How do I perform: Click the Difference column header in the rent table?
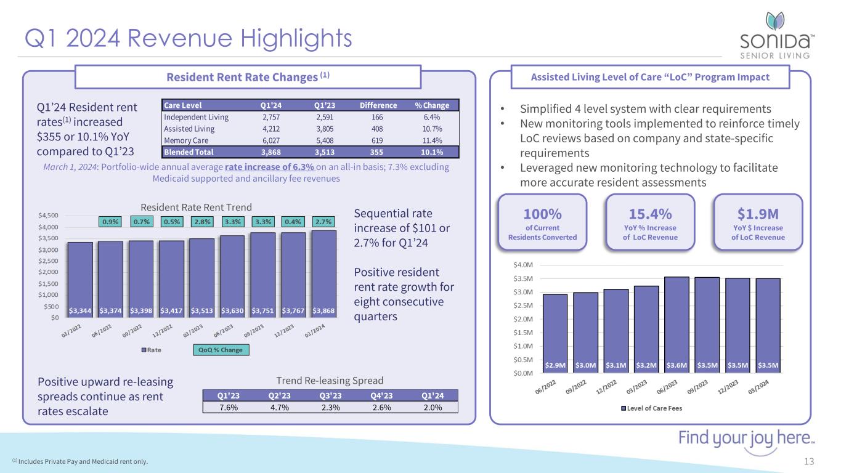click(x=378, y=105)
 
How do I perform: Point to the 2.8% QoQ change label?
click(x=203, y=221)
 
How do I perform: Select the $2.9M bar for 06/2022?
click(x=555, y=333)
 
